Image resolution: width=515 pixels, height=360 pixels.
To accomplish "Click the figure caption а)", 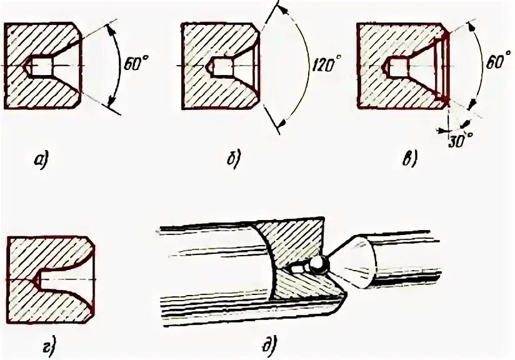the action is point(41,161).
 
